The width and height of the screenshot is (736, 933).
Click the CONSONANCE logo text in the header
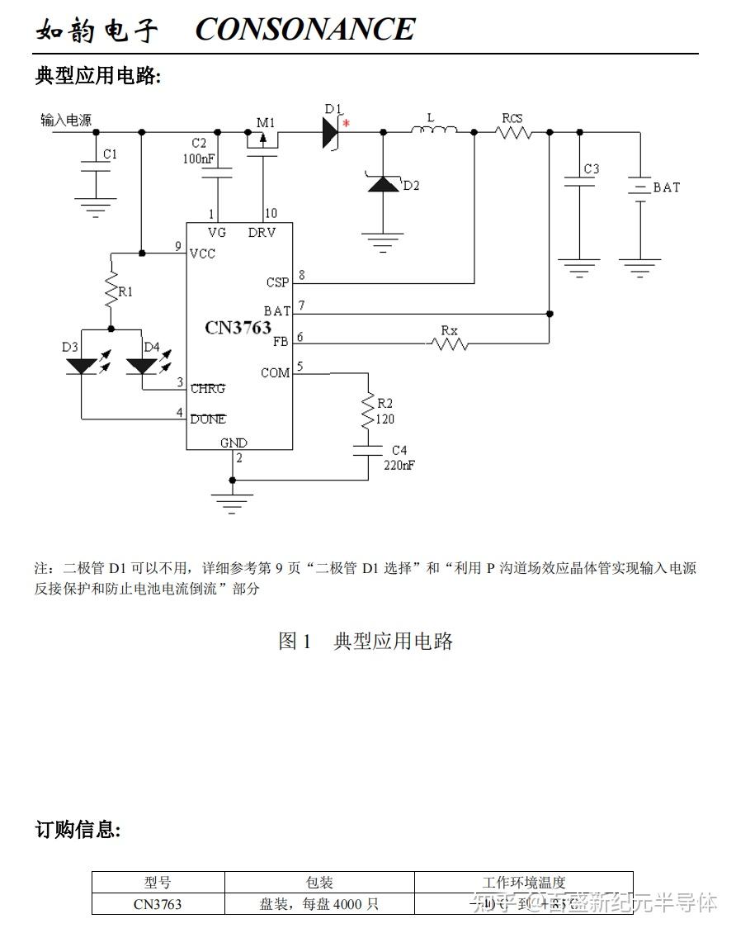coord(304,30)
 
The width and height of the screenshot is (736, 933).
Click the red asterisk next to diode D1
coord(347,124)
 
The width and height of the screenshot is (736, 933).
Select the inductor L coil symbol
coord(434,130)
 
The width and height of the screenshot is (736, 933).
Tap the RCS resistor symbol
coord(513,131)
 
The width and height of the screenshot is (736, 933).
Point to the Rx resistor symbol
coord(450,343)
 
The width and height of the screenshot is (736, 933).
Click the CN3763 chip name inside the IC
coord(238,328)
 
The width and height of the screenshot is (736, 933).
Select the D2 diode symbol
coord(383,183)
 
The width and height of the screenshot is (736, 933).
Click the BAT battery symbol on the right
coord(639,187)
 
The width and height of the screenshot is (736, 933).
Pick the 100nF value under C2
coord(200,158)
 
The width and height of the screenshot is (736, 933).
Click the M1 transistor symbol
coord(263,140)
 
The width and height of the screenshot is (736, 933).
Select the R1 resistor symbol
coord(111,291)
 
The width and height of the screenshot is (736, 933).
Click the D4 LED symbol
coord(142,365)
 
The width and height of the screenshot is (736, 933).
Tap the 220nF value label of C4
coord(399,465)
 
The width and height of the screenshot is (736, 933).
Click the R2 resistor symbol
coord(368,410)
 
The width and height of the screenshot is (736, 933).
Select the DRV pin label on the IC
coord(262,233)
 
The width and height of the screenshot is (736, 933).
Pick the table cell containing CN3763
coord(158,904)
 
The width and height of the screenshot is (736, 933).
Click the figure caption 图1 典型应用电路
coord(366,641)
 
